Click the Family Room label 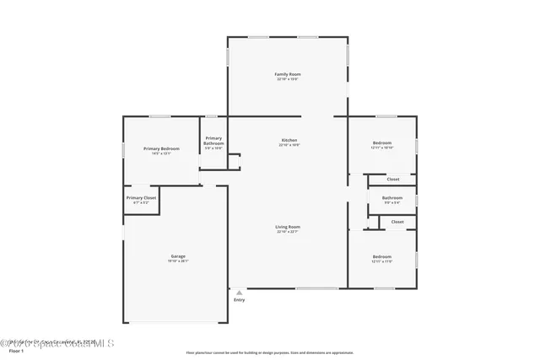click(x=288, y=74)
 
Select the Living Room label click(x=288, y=226)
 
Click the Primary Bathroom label click(x=213, y=141)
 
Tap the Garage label click(x=178, y=255)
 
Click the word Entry click(x=240, y=300)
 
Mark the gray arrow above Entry click(x=240, y=292)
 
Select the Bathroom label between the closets click(x=392, y=198)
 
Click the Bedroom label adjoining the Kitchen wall click(x=382, y=143)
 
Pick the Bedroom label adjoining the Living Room click(x=382, y=256)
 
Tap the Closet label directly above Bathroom click(x=393, y=179)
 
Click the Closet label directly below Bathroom click(x=397, y=222)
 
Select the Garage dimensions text click(x=178, y=261)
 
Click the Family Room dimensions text click(x=288, y=79)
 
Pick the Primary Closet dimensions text click(x=142, y=202)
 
